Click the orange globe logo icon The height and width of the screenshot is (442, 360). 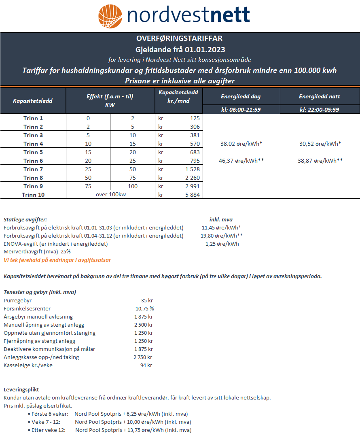tap(110, 16)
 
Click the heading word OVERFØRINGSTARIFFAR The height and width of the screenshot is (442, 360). tap(180, 39)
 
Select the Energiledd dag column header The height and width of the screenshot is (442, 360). tap(241, 97)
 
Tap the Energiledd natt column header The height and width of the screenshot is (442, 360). tap(320, 97)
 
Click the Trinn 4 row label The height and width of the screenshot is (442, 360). tap(33, 144)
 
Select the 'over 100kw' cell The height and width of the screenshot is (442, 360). tap(110, 195)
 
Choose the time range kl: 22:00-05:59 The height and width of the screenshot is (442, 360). tap(320, 110)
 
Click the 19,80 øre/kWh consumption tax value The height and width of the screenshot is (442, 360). tap(222, 236)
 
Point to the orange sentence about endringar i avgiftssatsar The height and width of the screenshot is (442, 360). tap(57, 260)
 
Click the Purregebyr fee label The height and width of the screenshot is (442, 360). tap(17, 301)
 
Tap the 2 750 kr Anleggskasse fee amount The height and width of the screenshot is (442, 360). tap(143, 357)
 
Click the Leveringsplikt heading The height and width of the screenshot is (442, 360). tap(21, 389)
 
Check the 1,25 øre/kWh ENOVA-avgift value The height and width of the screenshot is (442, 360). tap(222, 244)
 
